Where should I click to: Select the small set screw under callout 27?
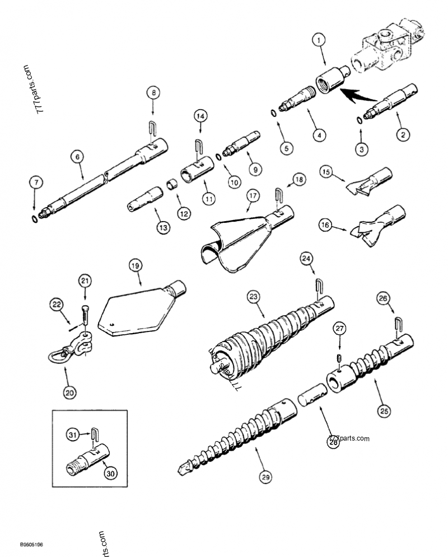click(x=338, y=358)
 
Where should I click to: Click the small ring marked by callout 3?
click(x=358, y=119)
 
